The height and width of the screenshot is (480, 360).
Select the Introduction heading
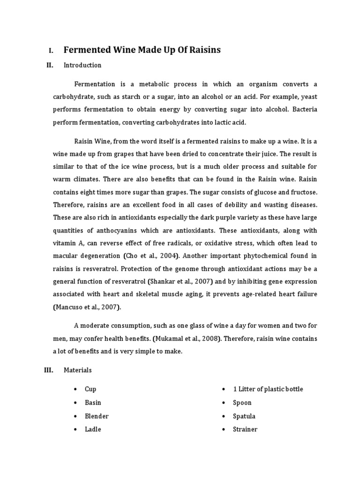pyautogui.click(x=82, y=65)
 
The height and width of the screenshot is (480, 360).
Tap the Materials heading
pyautogui.click(x=78, y=370)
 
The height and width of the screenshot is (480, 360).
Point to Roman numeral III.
pyautogui.click(x=48, y=370)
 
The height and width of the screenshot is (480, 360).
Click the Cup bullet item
pyautogui.click(x=90, y=389)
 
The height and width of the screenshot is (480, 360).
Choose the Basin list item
pyautogui.click(x=93, y=402)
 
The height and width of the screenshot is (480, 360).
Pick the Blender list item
pyautogui.click(x=97, y=416)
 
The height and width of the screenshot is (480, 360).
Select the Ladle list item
pyautogui.click(x=93, y=429)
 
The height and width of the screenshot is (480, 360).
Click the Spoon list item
pyautogui.click(x=242, y=402)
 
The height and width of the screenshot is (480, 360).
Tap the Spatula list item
pyautogui.click(x=244, y=416)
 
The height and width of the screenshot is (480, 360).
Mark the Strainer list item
pyautogui.click(x=245, y=429)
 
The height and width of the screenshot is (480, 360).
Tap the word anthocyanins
pyautogui.click(x=118, y=230)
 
